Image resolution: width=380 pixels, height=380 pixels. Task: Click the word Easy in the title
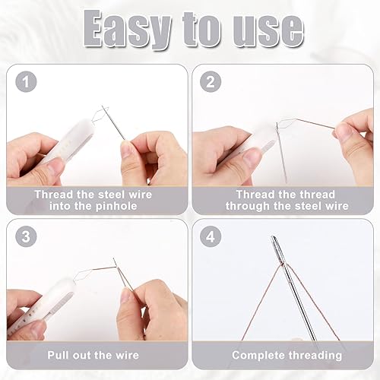tap(127, 30)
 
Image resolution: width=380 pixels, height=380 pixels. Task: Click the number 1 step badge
tap(26, 81)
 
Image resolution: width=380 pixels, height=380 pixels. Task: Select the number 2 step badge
tap(211, 81)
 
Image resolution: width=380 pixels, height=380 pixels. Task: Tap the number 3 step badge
tap(26, 236)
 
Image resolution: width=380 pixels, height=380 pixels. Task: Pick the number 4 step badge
tap(211, 236)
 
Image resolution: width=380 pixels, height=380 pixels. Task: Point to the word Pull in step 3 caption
tap(59, 355)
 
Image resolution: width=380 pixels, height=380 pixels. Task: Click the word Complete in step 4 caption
tap(258, 356)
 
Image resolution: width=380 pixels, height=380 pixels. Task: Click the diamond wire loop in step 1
tap(100, 115)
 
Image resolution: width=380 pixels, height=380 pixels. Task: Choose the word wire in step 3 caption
tap(127, 355)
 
